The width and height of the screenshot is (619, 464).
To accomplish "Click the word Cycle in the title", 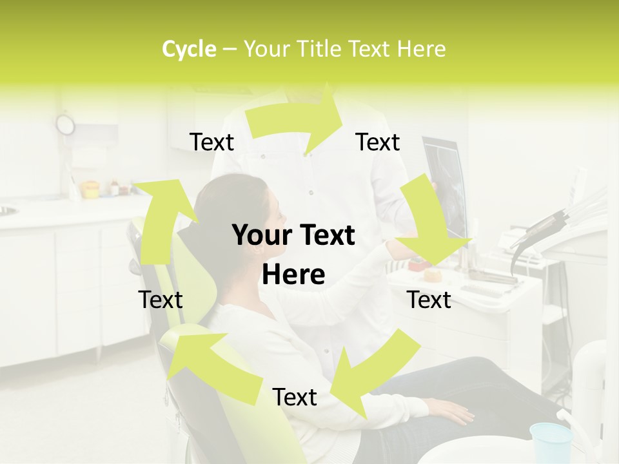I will [x=189, y=49].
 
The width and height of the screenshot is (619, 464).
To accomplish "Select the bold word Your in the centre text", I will [x=261, y=236].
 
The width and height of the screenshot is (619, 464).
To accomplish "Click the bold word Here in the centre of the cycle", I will [x=293, y=275].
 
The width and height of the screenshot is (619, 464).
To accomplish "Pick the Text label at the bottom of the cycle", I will [x=295, y=398].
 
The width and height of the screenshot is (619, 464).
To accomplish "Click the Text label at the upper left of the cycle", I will [x=211, y=142].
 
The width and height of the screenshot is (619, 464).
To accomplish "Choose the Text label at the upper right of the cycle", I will [x=378, y=142].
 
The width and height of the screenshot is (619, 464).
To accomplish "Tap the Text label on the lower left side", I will [x=161, y=300].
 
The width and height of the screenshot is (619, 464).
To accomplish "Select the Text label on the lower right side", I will [x=429, y=300].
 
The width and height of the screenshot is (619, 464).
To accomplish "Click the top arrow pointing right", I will [x=297, y=119].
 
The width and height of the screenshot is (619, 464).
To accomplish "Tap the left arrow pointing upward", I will [x=161, y=219].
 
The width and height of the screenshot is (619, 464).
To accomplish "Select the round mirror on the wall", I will [x=65, y=124].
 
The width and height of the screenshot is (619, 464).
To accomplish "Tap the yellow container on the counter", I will [x=90, y=189].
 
